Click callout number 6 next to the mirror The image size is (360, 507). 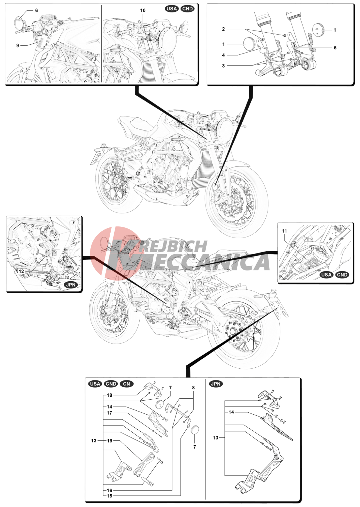(37, 10)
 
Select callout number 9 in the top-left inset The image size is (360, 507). (17, 45)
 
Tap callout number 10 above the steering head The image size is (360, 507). (143, 10)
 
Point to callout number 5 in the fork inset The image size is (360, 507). (335, 48)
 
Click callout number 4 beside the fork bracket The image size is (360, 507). (224, 55)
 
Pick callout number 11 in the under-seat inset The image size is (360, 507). (284, 231)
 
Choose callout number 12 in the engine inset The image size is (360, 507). (21, 271)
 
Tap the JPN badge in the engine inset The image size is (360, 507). (70, 285)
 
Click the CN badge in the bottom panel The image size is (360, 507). (127, 384)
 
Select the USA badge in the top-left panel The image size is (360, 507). (172, 9)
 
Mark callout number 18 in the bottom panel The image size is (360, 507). (109, 395)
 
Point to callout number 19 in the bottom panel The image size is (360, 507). (110, 440)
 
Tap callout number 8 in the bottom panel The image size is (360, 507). (193, 388)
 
